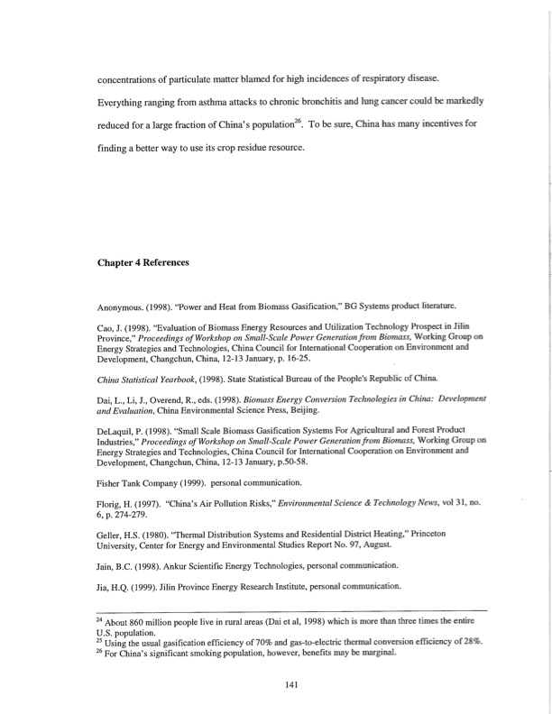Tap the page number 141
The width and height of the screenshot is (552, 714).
coord(290,683)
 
